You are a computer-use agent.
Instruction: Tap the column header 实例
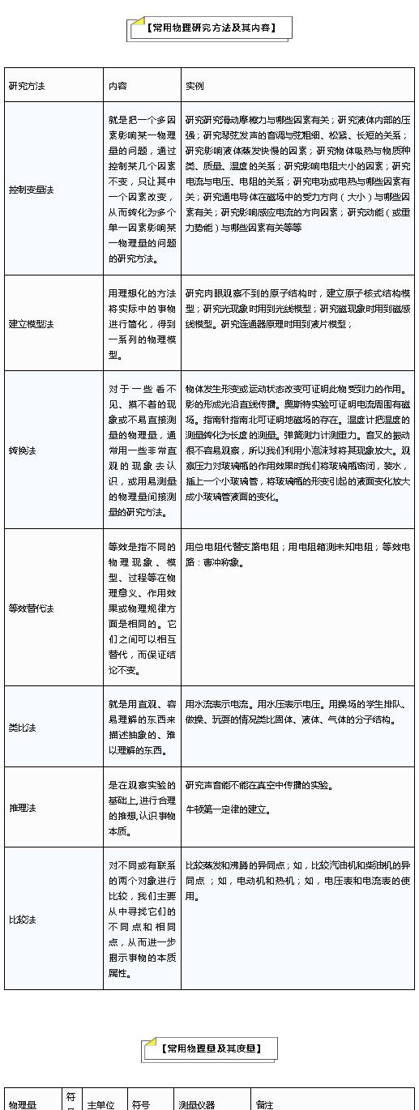click(195, 85)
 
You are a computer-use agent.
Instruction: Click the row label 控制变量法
click(31, 190)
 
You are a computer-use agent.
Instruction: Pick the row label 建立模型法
click(31, 324)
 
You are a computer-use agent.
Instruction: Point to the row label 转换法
click(23, 450)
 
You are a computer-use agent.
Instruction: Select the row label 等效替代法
click(31, 608)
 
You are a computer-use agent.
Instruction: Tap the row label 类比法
click(23, 728)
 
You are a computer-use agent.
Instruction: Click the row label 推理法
click(23, 808)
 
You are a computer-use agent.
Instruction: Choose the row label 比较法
click(23, 920)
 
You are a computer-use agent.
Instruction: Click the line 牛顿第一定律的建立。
click(229, 809)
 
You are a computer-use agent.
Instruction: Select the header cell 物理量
click(23, 1104)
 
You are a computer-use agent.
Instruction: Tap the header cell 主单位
click(101, 1104)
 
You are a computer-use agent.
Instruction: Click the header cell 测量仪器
click(197, 1104)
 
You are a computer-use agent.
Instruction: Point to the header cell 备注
click(265, 1104)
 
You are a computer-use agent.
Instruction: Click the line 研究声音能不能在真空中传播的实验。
click(259, 785)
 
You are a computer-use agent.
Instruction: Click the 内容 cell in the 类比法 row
click(141, 727)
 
